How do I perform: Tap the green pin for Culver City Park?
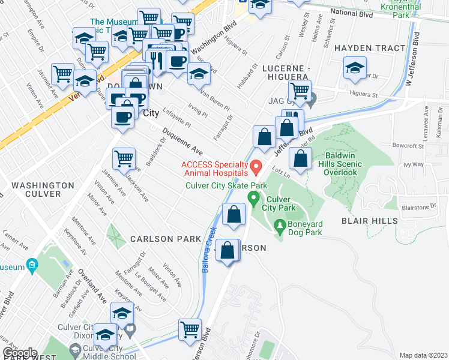[253, 197]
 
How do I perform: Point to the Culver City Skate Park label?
[226, 185]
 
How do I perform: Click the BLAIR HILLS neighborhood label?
[370, 221]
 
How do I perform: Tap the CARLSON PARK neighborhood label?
[166, 239]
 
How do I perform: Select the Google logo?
[20, 353]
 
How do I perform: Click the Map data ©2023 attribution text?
[423, 355]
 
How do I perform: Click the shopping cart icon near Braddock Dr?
[124, 159]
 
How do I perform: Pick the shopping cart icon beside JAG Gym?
[300, 91]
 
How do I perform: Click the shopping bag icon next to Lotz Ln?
[300, 159]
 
